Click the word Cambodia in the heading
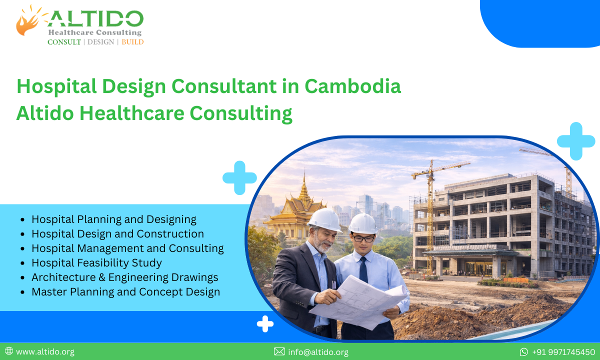(x=352, y=86)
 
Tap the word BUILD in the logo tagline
(x=132, y=42)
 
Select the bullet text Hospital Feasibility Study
(x=96, y=262)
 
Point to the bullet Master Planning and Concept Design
(x=125, y=291)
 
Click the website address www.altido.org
(x=45, y=351)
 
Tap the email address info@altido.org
(x=318, y=352)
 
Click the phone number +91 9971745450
(x=563, y=352)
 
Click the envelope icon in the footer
(x=279, y=351)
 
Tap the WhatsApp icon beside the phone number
(x=524, y=352)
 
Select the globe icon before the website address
(x=9, y=351)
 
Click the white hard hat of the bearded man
(x=324, y=219)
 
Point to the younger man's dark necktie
(x=363, y=270)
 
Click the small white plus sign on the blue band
(x=265, y=324)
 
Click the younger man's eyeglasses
(x=363, y=238)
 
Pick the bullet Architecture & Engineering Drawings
(x=124, y=277)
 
